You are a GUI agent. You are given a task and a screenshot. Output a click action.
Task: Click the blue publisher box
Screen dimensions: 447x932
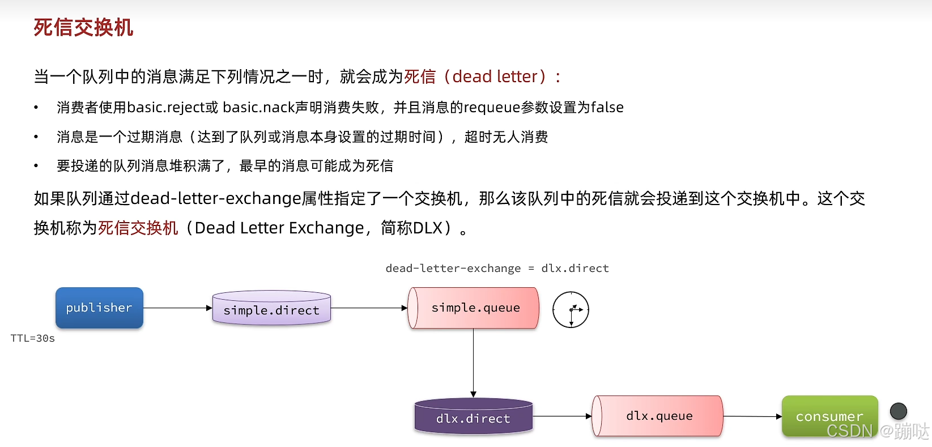(x=99, y=308)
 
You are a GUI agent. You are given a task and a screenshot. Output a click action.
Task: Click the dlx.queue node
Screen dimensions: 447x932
(x=658, y=416)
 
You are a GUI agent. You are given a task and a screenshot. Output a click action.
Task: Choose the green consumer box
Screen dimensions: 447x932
(x=829, y=416)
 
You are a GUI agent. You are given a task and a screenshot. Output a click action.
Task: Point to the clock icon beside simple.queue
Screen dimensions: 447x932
(x=571, y=310)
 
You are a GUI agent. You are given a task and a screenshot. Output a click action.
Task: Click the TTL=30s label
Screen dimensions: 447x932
(x=33, y=338)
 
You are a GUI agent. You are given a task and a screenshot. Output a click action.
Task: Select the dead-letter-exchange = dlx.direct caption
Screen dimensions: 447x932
(x=497, y=268)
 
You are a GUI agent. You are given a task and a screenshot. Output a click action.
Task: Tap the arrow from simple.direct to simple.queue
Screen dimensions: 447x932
(x=369, y=308)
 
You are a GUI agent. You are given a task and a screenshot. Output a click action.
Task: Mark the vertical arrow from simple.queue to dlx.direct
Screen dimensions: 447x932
(x=473, y=363)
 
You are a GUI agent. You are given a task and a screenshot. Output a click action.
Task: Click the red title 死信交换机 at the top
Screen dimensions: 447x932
(x=83, y=27)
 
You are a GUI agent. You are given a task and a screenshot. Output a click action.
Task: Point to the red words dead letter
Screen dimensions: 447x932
(x=495, y=76)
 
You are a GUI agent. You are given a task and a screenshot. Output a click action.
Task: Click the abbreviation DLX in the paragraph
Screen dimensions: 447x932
(x=427, y=228)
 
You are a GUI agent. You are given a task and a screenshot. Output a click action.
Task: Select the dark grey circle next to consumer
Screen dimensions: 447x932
(x=899, y=411)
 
